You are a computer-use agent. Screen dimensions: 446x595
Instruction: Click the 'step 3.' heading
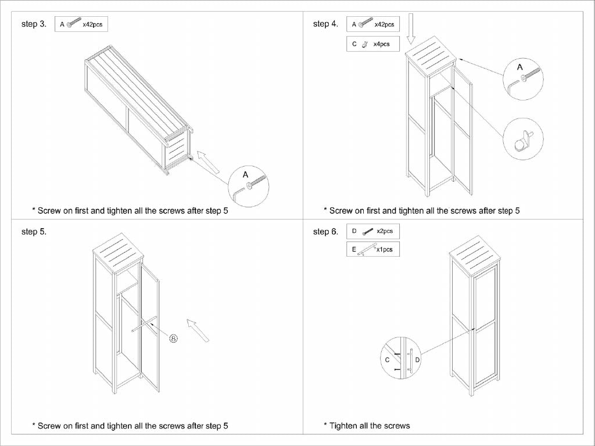[x=34, y=24]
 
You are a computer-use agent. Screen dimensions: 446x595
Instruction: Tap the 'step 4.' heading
[x=325, y=24]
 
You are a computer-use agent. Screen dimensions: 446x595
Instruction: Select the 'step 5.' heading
[x=34, y=232]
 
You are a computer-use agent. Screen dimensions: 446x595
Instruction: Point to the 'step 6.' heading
[x=325, y=232]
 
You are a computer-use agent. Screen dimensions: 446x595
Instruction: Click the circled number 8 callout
[x=173, y=338]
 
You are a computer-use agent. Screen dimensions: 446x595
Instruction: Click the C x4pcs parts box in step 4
[x=373, y=44]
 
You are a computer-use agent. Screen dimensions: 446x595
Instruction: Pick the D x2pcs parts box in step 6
[x=373, y=231]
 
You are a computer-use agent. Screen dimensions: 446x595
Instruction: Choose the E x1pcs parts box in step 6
[x=373, y=250]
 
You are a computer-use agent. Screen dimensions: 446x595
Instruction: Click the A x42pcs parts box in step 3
[x=81, y=24]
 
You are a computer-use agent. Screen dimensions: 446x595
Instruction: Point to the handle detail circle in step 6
[x=402, y=357]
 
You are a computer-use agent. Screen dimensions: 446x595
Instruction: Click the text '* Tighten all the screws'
[x=367, y=426]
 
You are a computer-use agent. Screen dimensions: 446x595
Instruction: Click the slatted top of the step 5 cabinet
[x=119, y=249]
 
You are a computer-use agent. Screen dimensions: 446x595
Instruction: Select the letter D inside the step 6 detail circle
[x=417, y=360]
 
